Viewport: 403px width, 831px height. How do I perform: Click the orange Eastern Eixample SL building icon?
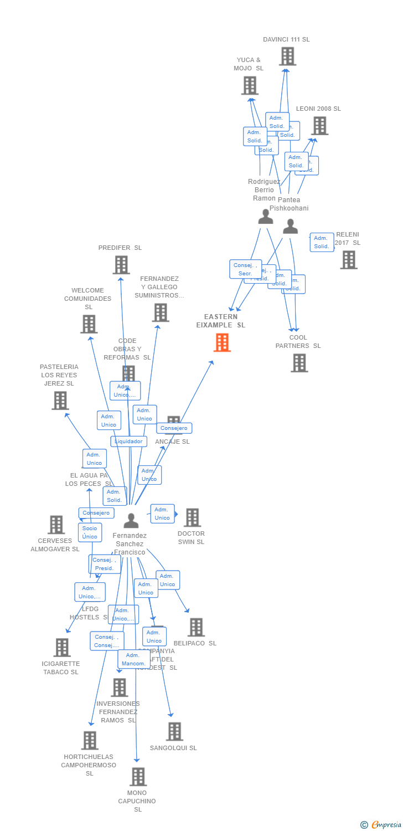[222, 343]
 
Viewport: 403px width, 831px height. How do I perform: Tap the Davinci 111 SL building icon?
[287, 57]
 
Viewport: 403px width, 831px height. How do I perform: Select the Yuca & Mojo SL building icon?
[250, 86]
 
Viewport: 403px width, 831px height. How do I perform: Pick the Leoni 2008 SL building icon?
[319, 126]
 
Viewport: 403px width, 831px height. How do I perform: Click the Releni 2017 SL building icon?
[348, 260]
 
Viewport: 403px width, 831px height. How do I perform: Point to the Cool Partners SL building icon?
[299, 363]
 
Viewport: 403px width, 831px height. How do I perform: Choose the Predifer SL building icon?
[121, 265]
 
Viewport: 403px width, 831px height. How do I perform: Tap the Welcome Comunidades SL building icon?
[89, 324]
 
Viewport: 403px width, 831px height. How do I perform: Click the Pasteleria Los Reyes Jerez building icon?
[60, 400]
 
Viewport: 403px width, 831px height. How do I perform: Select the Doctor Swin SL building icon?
[192, 517]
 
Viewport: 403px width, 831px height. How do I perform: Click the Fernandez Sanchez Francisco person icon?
[131, 521]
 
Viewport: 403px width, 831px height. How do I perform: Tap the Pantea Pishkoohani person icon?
[290, 226]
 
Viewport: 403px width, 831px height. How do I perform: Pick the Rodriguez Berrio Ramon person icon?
[266, 217]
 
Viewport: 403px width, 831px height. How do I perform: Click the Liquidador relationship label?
[128, 442]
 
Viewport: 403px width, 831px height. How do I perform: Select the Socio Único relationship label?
[90, 532]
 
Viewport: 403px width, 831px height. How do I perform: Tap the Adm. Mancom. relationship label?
[133, 659]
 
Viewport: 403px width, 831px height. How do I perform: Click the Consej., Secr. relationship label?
[245, 269]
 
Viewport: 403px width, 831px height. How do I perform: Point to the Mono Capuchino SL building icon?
[138, 777]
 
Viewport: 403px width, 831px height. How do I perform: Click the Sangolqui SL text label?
[173, 748]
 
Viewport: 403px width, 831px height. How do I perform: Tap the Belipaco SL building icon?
[196, 627]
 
